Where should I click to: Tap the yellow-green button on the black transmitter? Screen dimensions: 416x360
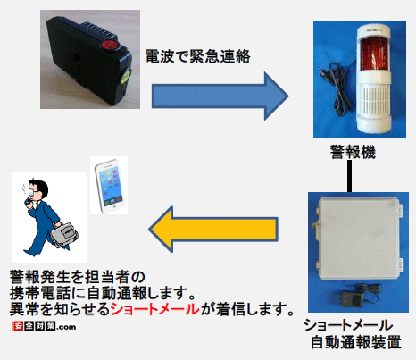tap(125, 76)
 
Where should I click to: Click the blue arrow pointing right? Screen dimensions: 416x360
tap(220, 96)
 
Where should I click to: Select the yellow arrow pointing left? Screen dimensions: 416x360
tap(213, 229)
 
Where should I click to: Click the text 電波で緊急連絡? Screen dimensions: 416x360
tap(197, 56)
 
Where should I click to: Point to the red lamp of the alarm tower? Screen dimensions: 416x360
tap(373, 54)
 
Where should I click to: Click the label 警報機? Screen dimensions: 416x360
tap(354, 152)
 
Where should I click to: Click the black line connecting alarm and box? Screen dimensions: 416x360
tap(350, 176)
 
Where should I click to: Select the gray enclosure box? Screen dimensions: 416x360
tap(359, 239)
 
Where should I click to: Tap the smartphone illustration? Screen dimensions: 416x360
tap(110, 186)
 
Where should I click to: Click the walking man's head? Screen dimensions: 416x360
tap(37, 189)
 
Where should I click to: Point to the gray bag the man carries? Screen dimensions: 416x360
tap(64, 235)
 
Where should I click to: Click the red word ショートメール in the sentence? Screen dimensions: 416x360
tap(155, 309)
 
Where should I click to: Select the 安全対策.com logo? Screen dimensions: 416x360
tap(45, 326)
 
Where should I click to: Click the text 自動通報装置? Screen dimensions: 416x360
tap(356, 342)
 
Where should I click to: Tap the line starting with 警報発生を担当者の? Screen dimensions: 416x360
tap(78, 277)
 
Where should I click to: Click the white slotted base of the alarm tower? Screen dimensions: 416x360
tap(374, 107)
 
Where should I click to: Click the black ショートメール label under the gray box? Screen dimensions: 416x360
tap(348, 325)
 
